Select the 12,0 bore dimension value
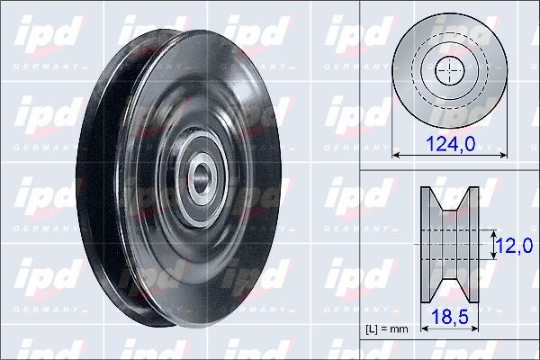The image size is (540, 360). click(514, 246)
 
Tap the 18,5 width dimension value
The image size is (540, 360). click(450, 317)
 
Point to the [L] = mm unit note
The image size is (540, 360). click(387, 329)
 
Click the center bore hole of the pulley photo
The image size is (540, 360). click(200, 178)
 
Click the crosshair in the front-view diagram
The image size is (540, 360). click(450, 70)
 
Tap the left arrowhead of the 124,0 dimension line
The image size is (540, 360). click(396, 156)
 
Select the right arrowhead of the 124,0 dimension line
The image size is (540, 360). click(503, 156)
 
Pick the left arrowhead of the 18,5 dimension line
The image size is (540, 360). click(425, 328)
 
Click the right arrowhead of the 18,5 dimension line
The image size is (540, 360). click(475, 328)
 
